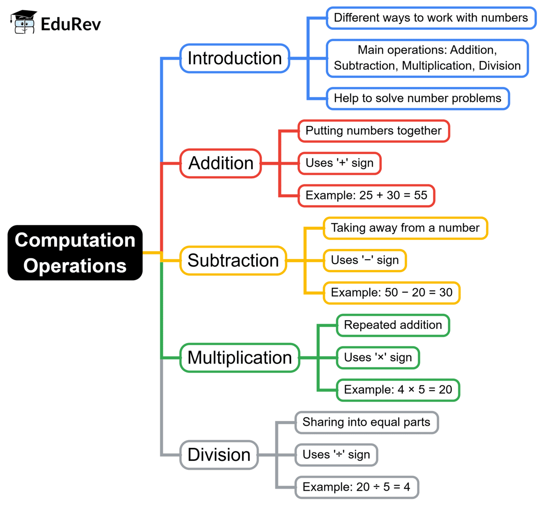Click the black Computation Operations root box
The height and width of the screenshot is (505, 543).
tap(75, 253)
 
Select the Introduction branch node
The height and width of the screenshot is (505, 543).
tap(235, 58)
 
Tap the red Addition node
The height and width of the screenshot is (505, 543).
tap(221, 164)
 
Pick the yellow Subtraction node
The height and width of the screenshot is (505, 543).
tap(233, 261)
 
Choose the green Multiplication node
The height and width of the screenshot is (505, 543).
tap(240, 358)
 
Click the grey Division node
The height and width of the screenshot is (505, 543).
tap(219, 455)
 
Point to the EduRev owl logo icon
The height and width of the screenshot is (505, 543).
tap(23, 23)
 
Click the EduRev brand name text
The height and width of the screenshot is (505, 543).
tap(71, 24)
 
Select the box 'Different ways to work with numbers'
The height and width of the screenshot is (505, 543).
tap(431, 18)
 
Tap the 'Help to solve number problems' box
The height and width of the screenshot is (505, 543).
tap(417, 98)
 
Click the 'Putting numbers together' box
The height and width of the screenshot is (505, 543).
tap(374, 131)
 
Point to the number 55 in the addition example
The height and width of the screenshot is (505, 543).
tap(420, 196)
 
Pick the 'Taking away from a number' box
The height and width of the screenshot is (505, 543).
tap(405, 228)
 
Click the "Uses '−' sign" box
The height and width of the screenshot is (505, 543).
tap(365, 261)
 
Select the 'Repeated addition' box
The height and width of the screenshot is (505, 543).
tap(393, 325)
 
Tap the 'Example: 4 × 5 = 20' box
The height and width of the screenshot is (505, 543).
tap(398, 390)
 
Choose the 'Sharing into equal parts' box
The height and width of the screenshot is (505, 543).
tap(366, 422)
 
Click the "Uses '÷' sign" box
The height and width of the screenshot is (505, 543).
tap(336, 455)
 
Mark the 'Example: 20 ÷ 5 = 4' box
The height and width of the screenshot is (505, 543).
tap(356, 487)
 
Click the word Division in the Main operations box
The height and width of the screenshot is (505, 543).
tap(500, 66)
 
